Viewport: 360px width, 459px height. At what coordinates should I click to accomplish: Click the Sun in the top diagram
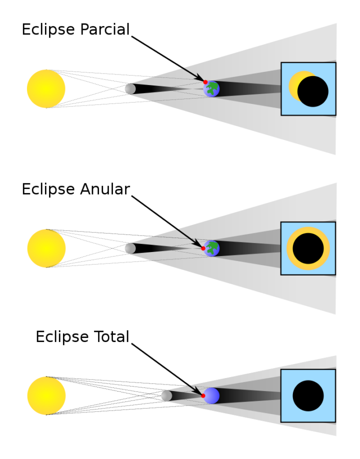pos(46,89)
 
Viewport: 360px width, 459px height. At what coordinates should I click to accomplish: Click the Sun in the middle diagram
pos(46,248)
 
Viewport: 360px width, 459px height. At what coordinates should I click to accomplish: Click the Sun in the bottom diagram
pos(46,395)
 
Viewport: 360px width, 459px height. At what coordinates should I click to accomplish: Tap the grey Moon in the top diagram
pos(130,89)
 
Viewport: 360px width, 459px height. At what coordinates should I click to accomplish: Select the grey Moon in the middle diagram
pos(130,248)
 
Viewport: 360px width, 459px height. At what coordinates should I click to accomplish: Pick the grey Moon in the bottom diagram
pos(166,395)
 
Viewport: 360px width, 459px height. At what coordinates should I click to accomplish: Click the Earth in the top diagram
pos(211,89)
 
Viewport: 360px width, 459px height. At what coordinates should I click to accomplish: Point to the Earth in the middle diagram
pos(211,248)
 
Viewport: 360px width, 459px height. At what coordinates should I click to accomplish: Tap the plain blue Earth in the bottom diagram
pos(211,395)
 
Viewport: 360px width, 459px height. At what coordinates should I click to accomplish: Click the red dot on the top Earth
pos(205,82)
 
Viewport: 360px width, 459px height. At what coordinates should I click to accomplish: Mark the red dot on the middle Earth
pos(203,248)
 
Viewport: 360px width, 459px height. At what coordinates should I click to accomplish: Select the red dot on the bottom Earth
pos(203,395)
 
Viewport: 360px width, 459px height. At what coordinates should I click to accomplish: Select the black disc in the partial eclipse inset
pos(313,91)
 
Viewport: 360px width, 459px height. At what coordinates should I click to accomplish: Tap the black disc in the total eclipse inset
pos(308,395)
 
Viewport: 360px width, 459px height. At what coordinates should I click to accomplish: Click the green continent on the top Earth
pos(212,88)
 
